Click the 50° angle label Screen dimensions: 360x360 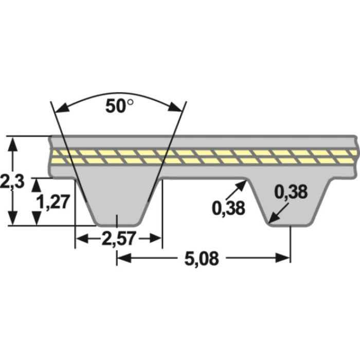click(x=119, y=106)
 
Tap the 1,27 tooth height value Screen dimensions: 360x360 click(x=53, y=202)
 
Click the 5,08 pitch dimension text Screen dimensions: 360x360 click(x=202, y=258)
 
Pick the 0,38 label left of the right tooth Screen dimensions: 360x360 click(x=228, y=207)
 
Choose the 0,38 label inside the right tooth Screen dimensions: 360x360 click(x=291, y=192)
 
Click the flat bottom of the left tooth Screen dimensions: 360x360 click(x=118, y=224)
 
